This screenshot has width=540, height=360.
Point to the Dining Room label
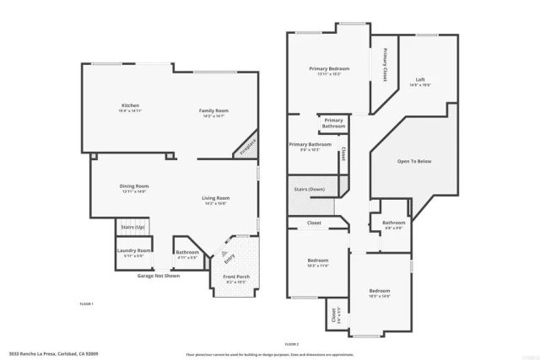coord(133,185)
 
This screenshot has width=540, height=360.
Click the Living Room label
coord(217,198)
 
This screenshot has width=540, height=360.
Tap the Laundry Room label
coord(133,250)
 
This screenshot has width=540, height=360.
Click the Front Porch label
coord(236,277)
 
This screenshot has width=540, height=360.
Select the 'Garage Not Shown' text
coord(159,276)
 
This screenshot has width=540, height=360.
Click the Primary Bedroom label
coord(328,68)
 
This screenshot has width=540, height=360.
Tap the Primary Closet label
coord(385,65)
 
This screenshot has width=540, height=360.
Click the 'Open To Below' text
coord(414,161)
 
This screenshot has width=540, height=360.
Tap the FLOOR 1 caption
coord(86,304)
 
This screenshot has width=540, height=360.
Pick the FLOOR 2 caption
coord(292,345)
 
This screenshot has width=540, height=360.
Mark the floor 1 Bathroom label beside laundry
coord(186,251)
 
